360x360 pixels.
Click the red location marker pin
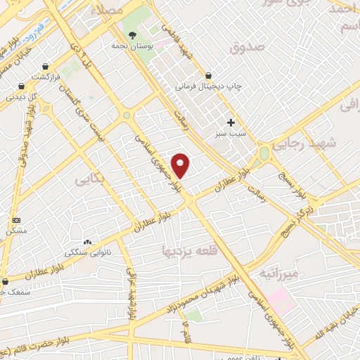(181, 165)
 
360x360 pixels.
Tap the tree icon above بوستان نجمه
(131, 34)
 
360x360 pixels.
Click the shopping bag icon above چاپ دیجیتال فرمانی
(209, 75)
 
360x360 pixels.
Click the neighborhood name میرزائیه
(278, 271)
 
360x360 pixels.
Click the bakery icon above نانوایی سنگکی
(87, 241)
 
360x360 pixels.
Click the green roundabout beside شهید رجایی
(264, 153)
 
